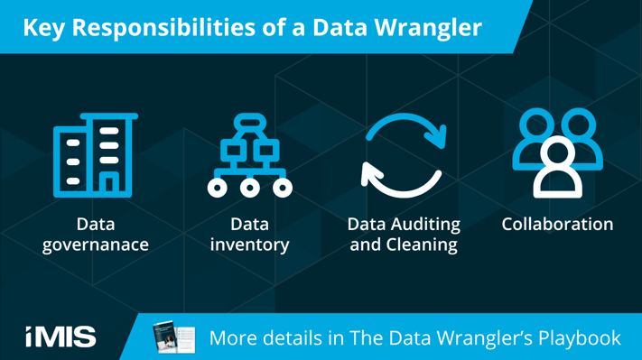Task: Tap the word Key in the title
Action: click(x=42, y=27)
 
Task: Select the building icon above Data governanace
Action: click(x=95, y=155)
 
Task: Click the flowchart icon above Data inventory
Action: click(x=249, y=155)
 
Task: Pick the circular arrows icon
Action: click(x=404, y=155)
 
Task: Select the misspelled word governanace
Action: click(x=96, y=245)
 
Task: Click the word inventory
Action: click(x=249, y=245)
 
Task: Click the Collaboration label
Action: click(x=557, y=224)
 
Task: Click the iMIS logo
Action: click(x=60, y=337)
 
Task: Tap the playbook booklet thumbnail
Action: click(x=173, y=337)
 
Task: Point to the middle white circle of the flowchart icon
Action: click(x=249, y=189)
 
